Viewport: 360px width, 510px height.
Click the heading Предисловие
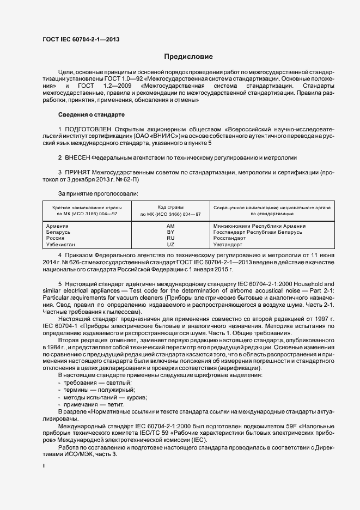[x=189, y=57]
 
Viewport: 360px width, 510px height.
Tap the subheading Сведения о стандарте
[x=91, y=115]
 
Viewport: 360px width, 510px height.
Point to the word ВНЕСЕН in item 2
[x=77, y=157]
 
